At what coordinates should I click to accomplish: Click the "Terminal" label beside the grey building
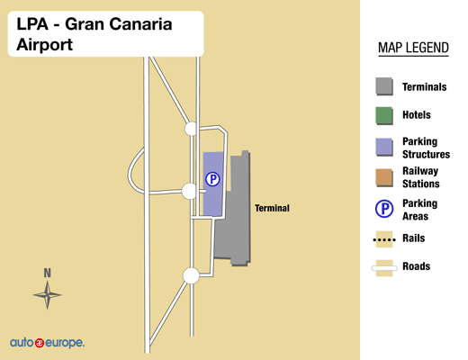pyautogui.click(x=272, y=208)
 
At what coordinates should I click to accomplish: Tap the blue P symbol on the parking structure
pyautogui.click(x=212, y=179)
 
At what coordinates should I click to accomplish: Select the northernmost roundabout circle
pyautogui.click(x=191, y=129)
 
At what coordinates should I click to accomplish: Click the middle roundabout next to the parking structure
pyautogui.click(x=189, y=191)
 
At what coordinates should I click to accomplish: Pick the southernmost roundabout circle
pyautogui.click(x=191, y=275)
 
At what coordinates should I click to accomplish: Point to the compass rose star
pyautogui.click(x=48, y=295)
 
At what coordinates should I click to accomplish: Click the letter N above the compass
pyautogui.click(x=48, y=273)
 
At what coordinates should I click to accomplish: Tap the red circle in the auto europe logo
pyautogui.click(x=40, y=343)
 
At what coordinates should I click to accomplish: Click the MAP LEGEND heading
pyautogui.click(x=413, y=48)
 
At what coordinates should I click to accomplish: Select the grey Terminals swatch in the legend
pyautogui.click(x=384, y=86)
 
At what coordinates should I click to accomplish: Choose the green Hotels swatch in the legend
pyautogui.click(x=384, y=115)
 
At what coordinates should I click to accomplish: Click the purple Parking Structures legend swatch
pyautogui.click(x=384, y=147)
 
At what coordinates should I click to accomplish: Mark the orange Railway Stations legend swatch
pyautogui.click(x=384, y=177)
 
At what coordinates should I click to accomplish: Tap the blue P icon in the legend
pyautogui.click(x=384, y=209)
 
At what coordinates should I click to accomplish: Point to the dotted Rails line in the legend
pyautogui.click(x=384, y=239)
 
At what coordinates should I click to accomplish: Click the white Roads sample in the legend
pyautogui.click(x=384, y=268)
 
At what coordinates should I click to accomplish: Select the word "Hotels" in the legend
pyautogui.click(x=417, y=115)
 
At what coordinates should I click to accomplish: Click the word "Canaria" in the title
pyautogui.click(x=140, y=24)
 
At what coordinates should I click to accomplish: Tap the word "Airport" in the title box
pyautogui.click(x=45, y=45)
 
